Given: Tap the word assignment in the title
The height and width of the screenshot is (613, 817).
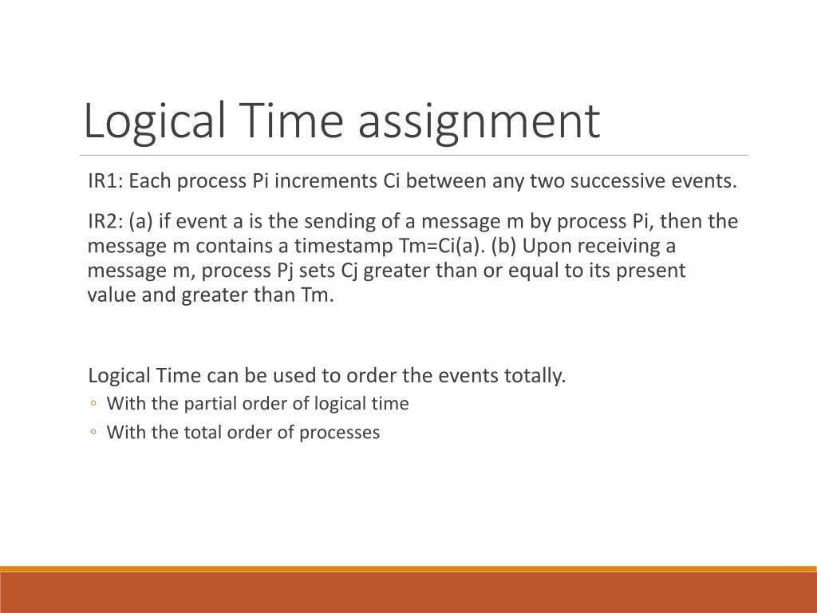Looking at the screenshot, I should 478,121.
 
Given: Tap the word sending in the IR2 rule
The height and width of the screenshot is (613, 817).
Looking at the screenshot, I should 350,221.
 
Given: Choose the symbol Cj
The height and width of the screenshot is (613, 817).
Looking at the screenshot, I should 351,271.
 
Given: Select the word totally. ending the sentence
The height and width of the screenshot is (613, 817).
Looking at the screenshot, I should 535,375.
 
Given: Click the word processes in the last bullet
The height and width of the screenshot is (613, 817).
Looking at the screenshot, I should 342,433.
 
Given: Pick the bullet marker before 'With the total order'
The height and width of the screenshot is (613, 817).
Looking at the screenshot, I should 93,433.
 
